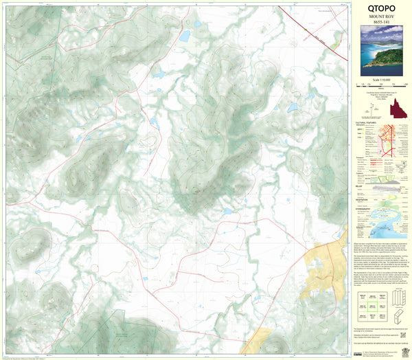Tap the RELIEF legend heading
(x=360, y=184)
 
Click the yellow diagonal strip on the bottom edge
(x=256, y=341)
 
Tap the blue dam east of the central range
(x=293, y=108)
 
